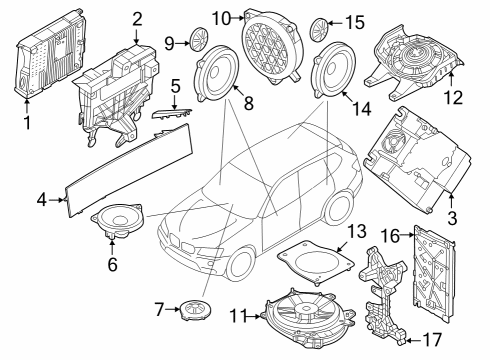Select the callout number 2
click(137, 17)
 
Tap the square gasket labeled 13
click(312, 259)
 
